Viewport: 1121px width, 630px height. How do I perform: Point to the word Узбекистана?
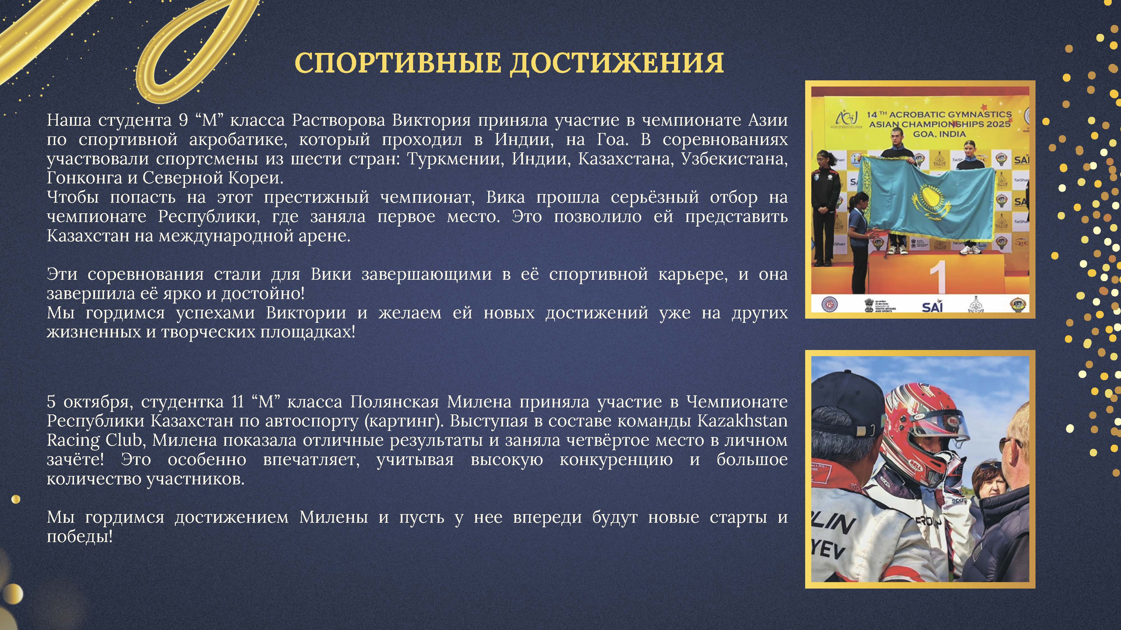tap(734, 159)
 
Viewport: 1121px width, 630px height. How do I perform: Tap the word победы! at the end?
tap(80, 537)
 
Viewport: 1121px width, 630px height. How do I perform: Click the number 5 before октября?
tap(51, 402)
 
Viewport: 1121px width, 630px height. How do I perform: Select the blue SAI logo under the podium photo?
tap(932, 307)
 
